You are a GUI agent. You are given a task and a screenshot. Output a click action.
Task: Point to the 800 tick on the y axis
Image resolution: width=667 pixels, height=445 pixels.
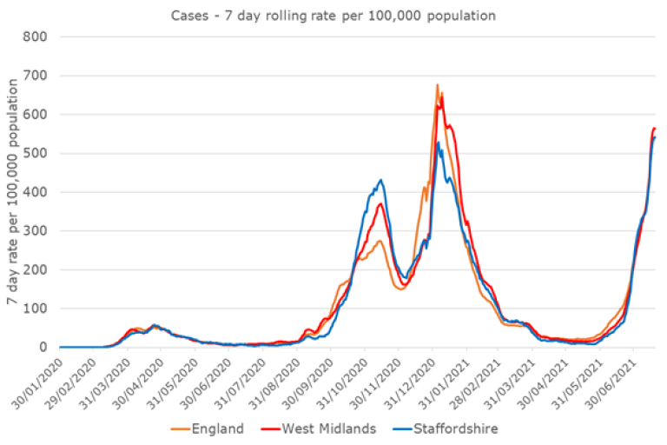click(x=35, y=37)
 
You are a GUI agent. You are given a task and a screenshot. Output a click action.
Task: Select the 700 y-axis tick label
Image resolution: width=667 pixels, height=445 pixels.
click(x=35, y=76)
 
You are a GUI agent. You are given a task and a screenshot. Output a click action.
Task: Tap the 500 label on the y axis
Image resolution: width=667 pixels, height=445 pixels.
click(x=35, y=153)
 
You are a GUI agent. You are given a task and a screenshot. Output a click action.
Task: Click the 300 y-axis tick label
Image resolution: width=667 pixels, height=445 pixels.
click(x=35, y=230)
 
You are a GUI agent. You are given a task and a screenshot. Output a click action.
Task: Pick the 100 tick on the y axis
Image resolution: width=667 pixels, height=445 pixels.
click(x=35, y=309)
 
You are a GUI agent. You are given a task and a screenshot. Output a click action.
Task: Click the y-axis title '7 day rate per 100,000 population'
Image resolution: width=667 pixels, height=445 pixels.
click(x=12, y=191)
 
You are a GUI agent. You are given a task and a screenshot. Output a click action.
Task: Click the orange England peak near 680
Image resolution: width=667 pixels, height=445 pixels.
click(x=437, y=85)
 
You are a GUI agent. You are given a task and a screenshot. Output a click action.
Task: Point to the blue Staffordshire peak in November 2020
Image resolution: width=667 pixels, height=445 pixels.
click(x=380, y=180)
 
